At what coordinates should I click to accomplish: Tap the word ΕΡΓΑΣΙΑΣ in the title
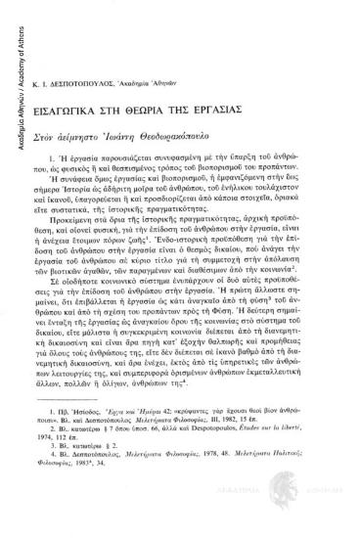(261, 99)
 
